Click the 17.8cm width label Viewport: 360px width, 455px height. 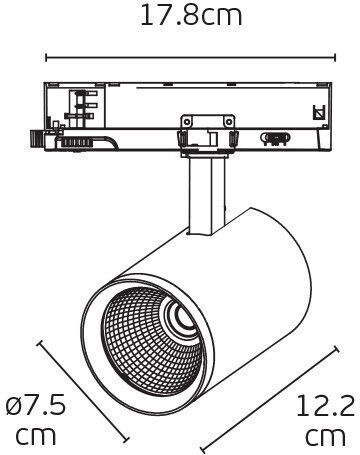point(191,16)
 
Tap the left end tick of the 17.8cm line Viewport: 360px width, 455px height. point(46,57)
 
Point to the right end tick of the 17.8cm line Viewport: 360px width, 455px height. point(335,57)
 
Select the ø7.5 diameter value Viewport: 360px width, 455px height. point(36,405)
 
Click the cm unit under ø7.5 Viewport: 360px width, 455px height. point(36,435)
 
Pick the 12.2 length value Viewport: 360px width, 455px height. point(326,405)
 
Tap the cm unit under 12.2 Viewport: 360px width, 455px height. point(326,436)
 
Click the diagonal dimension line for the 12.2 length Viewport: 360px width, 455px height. point(269,398)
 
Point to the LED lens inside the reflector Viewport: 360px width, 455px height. point(183,316)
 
